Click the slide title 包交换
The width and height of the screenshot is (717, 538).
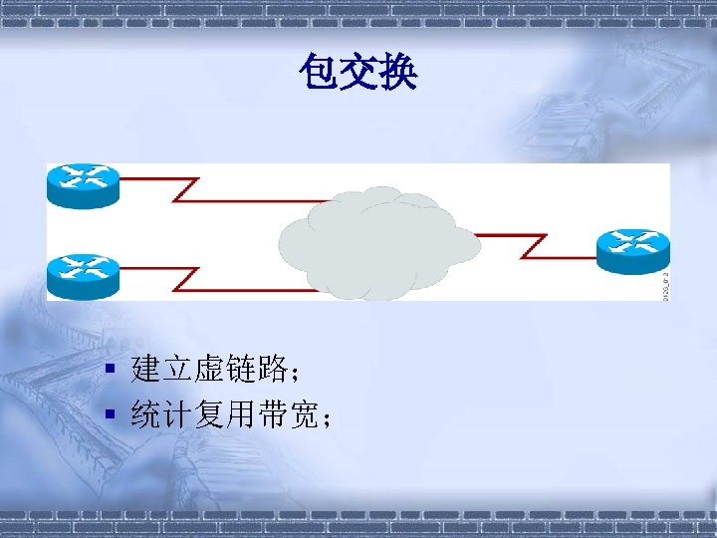[358, 72]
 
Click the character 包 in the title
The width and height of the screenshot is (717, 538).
[318, 72]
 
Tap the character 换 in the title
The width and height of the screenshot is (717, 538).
[398, 72]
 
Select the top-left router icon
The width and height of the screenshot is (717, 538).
[82, 185]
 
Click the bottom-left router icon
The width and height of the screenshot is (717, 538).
[82, 274]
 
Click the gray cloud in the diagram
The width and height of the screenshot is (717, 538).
[378, 244]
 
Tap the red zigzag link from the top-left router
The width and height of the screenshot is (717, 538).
[199, 189]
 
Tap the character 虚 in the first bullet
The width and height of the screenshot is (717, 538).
[209, 371]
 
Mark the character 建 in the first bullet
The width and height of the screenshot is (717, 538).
[145, 371]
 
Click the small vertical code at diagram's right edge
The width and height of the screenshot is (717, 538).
[665, 282]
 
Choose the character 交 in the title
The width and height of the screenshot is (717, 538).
[358, 72]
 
